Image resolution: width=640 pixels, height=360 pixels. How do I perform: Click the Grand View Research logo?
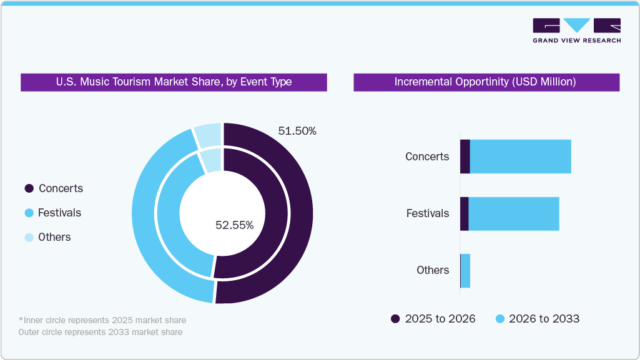(x=576, y=31)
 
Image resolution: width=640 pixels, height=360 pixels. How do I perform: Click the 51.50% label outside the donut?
(x=297, y=131)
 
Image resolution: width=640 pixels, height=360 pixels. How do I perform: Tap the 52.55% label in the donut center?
(x=234, y=225)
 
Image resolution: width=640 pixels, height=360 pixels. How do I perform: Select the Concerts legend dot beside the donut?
(x=29, y=188)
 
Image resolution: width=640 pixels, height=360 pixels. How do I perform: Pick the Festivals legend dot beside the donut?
(x=29, y=213)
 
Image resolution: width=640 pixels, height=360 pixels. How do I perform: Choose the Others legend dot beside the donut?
(x=29, y=237)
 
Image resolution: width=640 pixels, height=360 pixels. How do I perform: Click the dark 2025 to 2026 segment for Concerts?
(x=465, y=157)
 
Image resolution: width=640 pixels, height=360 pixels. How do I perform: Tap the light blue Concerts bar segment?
(x=520, y=157)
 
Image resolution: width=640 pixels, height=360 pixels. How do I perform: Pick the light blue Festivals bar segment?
(x=513, y=213)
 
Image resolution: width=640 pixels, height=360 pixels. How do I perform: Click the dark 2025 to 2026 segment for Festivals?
(x=464, y=213)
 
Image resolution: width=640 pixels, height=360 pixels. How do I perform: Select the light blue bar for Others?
(x=465, y=270)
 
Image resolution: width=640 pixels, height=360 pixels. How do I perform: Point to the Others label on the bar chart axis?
(x=433, y=270)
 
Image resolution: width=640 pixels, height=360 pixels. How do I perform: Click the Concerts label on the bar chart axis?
(x=427, y=157)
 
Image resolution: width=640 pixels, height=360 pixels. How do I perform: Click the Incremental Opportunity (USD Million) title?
(x=486, y=82)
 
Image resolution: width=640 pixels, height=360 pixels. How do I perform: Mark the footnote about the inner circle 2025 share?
(x=102, y=320)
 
